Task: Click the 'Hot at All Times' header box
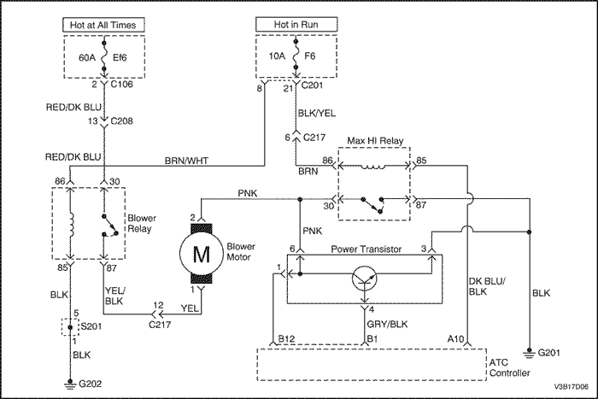103,25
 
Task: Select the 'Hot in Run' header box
296,25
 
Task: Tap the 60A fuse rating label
87,57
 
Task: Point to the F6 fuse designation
309,56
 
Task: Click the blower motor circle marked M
202,254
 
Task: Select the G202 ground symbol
70,383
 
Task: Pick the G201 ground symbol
529,353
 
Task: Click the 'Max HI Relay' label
375,141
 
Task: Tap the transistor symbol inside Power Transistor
365,278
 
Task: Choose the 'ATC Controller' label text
509,367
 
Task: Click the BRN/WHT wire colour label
186,161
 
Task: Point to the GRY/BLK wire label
387,324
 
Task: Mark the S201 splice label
91,327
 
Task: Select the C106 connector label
121,84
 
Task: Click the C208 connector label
121,121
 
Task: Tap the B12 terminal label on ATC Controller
286,338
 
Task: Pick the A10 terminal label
455,338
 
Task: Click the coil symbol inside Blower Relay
71,225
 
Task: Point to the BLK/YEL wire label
317,114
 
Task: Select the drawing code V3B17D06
571,386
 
